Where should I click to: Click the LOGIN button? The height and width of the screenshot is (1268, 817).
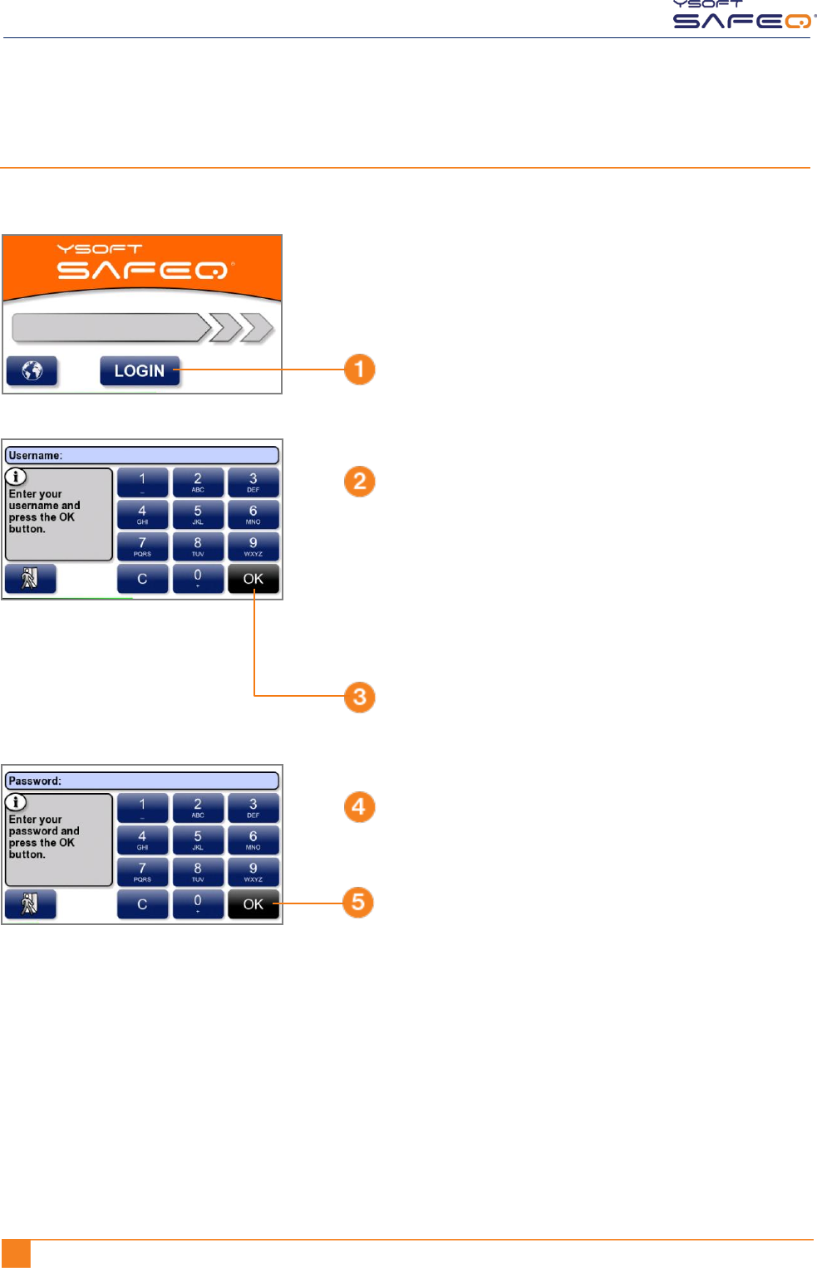click(x=140, y=371)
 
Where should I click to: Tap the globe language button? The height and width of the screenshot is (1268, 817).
click(x=32, y=371)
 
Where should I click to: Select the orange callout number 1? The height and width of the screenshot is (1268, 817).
click(x=360, y=370)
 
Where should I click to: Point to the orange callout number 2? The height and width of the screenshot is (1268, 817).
click(x=360, y=482)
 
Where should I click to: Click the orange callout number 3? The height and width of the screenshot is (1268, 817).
click(x=360, y=697)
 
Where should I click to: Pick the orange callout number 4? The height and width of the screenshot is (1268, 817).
click(x=359, y=806)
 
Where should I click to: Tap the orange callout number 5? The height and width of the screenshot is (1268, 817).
click(x=358, y=903)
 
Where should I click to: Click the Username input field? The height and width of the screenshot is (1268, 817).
click(x=142, y=455)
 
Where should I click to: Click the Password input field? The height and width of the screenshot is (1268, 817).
click(x=142, y=781)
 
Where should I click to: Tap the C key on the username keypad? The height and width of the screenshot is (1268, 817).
click(x=142, y=579)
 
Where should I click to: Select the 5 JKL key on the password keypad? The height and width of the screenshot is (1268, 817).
click(x=198, y=840)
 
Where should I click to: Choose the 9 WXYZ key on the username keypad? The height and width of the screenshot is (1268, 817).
click(x=253, y=546)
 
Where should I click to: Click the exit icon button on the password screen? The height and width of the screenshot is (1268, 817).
click(x=30, y=903)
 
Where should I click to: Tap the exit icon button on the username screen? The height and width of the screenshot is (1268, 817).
click(x=30, y=578)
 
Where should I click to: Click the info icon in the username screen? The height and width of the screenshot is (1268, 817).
click(x=17, y=477)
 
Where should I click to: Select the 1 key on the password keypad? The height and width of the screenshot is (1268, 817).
click(x=142, y=807)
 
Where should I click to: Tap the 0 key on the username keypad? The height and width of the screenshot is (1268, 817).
click(x=198, y=579)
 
